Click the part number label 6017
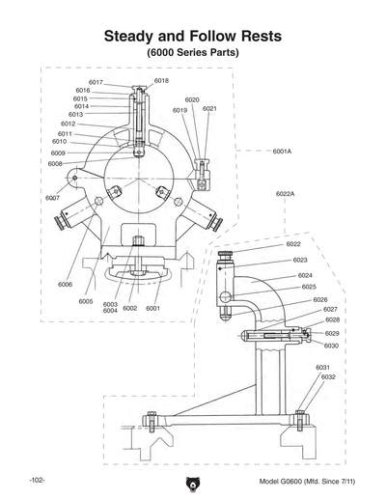(96, 82)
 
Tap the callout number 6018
(160, 81)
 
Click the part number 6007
(52, 198)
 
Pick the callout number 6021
(209, 109)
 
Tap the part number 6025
(308, 287)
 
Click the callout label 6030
(331, 345)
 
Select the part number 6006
(65, 285)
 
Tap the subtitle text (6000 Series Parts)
(193, 53)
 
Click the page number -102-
(37, 480)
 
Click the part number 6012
(69, 124)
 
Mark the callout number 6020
(192, 99)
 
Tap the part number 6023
(299, 260)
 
